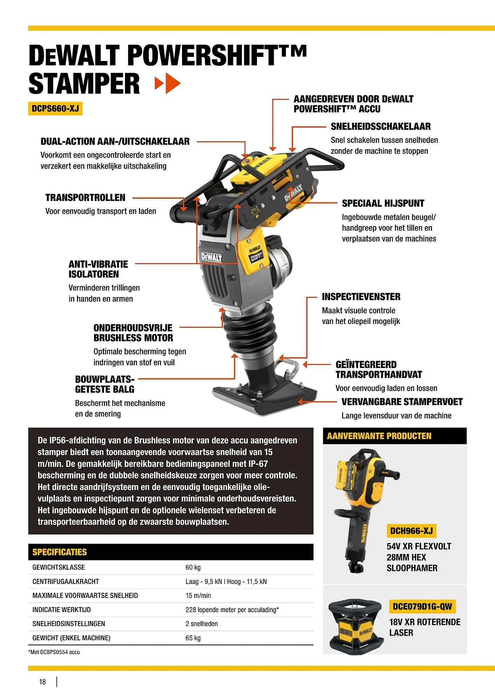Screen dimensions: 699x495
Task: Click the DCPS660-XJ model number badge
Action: click(x=55, y=109)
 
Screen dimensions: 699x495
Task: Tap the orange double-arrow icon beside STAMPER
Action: click(x=168, y=83)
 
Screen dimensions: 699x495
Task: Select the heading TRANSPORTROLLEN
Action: click(x=85, y=198)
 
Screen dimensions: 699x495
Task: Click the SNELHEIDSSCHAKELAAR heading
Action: click(x=381, y=127)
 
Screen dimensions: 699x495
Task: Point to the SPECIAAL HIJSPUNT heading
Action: click(x=383, y=203)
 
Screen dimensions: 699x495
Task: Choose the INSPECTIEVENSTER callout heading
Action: click(x=361, y=297)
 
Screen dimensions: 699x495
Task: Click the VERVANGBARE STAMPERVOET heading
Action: click(x=402, y=402)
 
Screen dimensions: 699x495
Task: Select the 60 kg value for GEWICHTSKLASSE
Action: click(x=193, y=568)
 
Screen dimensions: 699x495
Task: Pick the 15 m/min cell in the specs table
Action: click(x=198, y=596)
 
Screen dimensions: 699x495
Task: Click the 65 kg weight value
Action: click(x=193, y=638)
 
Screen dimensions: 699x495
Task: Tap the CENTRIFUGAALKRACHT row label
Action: click(x=66, y=582)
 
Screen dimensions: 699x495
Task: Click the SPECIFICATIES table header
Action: click(x=60, y=552)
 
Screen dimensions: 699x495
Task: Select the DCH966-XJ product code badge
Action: click(x=411, y=531)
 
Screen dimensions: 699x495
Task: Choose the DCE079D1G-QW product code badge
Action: click(x=422, y=606)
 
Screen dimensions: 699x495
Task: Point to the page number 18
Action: click(x=42, y=682)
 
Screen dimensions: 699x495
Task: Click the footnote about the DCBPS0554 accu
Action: click(x=54, y=652)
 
